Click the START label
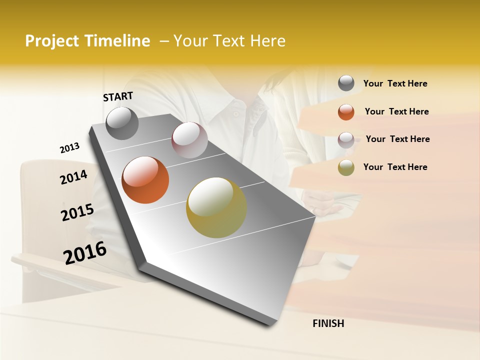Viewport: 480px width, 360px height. (x=118, y=96)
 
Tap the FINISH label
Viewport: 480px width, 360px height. (x=328, y=323)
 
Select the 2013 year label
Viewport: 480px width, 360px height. (x=69, y=148)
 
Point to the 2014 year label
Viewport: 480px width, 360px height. (x=73, y=177)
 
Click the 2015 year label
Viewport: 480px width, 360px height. (x=77, y=212)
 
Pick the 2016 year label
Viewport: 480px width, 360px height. (x=85, y=252)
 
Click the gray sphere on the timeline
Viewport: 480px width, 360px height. (x=122, y=123)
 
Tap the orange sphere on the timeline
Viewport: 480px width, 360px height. (x=145, y=180)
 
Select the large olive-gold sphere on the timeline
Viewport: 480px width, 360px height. (x=216, y=207)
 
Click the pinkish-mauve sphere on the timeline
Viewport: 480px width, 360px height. (x=189, y=140)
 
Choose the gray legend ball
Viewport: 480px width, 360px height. (x=346, y=83)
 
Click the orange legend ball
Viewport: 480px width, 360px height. (x=346, y=112)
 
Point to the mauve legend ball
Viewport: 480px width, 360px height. (x=346, y=140)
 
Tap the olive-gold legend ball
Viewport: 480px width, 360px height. (x=346, y=167)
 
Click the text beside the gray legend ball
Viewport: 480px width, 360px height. (x=395, y=84)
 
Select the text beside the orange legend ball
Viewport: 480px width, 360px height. (x=396, y=111)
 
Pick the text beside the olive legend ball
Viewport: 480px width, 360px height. (x=395, y=167)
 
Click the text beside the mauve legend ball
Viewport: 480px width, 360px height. (x=397, y=139)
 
